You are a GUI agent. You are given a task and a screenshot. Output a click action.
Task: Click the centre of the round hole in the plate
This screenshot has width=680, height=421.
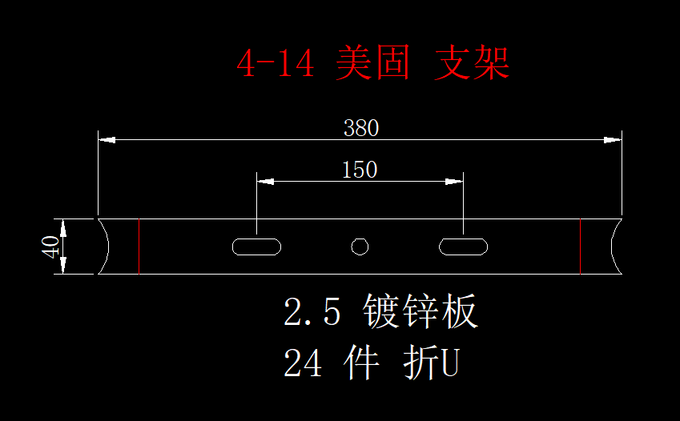pos(360,247)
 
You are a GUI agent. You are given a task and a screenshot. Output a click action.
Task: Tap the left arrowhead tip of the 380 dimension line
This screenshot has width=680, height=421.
pos(99,139)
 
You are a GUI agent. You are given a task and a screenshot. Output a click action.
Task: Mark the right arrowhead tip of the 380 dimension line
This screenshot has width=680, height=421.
pos(622,139)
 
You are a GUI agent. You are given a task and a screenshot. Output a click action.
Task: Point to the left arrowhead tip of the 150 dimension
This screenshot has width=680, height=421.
pos(257,181)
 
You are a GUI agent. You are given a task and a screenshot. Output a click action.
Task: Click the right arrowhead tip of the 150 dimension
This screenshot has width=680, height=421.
pos(463,181)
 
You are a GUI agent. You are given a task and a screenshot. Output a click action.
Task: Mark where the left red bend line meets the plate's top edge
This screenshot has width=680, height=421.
pos(139,219)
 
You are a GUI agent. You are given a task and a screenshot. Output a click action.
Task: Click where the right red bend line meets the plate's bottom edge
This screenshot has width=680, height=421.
pos(580,274)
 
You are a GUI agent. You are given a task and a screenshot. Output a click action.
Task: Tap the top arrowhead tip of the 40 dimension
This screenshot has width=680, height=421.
pos(63,219)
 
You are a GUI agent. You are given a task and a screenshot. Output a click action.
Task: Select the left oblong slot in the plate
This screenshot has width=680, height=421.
pos(257,247)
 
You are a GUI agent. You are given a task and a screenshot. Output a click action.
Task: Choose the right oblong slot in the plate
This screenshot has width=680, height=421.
pos(463,247)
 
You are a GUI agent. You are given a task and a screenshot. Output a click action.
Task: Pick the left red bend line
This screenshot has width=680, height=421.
pos(139,247)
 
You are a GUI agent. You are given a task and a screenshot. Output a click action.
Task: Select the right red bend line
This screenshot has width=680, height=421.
pos(580,247)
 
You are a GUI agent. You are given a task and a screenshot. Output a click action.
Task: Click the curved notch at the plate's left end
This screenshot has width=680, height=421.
pos(104,247)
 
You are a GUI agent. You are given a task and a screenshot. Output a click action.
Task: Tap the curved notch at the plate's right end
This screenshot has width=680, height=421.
pos(616,247)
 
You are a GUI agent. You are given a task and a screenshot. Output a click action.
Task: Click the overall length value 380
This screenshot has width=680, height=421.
pos(361,128)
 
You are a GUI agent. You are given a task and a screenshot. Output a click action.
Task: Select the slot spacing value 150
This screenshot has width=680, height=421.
pos(360,170)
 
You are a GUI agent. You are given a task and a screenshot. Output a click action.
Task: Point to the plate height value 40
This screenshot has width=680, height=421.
pos(50,247)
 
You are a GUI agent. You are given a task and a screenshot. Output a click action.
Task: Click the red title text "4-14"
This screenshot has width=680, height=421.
pos(276,63)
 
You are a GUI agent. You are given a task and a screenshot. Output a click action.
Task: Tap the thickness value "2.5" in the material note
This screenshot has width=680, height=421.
pos(312,311)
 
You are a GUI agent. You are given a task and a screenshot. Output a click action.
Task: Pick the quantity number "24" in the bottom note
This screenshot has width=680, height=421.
pos(303,363)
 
